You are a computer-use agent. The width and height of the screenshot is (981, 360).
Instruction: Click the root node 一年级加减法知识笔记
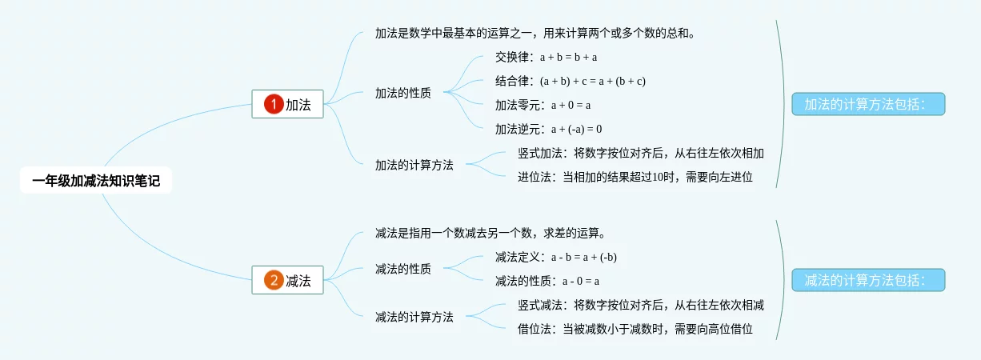[x=96, y=182]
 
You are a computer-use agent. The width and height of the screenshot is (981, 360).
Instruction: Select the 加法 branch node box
[x=287, y=104]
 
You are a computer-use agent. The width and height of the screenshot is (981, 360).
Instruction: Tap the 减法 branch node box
[x=287, y=280]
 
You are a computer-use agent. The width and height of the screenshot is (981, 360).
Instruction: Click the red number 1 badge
[x=274, y=104]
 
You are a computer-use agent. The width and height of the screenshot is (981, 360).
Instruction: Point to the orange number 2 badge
[x=274, y=280]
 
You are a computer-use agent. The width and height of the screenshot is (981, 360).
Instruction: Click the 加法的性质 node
[x=402, y=93]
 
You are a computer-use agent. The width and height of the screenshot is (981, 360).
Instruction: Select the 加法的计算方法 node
[x=414, y=165]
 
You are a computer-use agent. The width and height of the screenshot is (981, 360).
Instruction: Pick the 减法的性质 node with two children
[x=402, y=269]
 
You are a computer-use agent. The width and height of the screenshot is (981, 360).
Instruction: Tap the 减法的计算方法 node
[x=414, y=317]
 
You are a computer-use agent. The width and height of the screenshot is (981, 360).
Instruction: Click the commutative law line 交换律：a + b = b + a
[x=547, y=57]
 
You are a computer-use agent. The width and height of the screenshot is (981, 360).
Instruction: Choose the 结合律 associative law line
[x=570, y=81]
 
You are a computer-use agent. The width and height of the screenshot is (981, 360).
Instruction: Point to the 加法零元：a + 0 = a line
[x=543, y=105]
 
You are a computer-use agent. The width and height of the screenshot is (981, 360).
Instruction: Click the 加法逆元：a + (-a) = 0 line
[x=548, y=129]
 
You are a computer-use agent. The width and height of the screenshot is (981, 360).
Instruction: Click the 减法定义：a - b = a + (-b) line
[x=555, y=257]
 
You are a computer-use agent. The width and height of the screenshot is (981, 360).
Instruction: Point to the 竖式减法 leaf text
[x=640, y=305]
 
